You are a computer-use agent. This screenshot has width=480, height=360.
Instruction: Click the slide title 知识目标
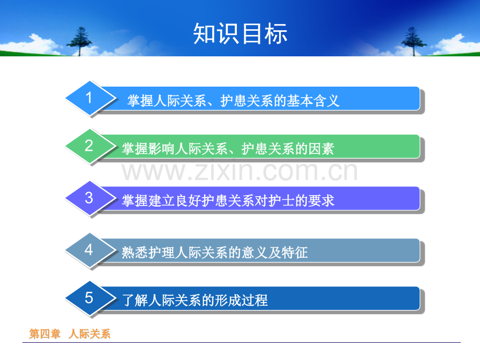pyautogui.click(x=241, y=33)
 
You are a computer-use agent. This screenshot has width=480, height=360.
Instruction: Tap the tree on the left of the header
pyautogui.click(x=80, y=41)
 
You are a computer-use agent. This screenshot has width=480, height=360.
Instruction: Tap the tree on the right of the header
pyautogui.click(x=413, y=41)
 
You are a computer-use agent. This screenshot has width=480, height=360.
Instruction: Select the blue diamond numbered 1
pyautogui.click(x=91, y=98)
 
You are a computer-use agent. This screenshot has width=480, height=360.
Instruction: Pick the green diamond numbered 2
pyautogui.click(x=91, y=146)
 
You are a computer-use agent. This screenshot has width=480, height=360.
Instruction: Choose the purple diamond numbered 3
pyautogui.click(x=91, y=198)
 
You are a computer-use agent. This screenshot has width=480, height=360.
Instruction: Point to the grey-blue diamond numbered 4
pyautogui.click(x=91, y=250)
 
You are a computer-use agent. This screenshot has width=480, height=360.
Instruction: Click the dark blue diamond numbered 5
pyautogui.click(x=91, y=298)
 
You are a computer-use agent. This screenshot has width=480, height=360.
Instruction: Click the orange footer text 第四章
pyautogui.click(x=45, y=334)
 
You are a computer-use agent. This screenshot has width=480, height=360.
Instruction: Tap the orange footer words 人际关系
pyautogui.click(x=89, y=334)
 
